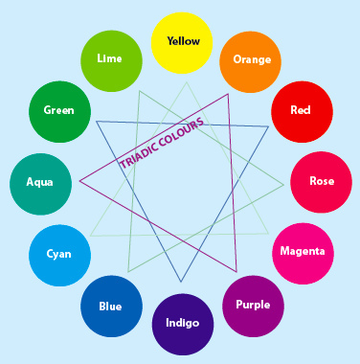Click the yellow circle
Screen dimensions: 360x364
coord(182,43)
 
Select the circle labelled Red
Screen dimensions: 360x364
coord(302,112)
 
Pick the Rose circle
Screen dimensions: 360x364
coord(321,182)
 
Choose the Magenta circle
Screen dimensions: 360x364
coord(303,254)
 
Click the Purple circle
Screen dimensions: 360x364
coord(253,307)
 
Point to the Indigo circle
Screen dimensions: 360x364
coord(183,325)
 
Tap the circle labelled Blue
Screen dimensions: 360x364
coord(111,307)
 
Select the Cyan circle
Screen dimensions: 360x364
coord(59,256)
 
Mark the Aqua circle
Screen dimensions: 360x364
coord(40,184)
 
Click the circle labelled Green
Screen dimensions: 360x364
coord(59,112)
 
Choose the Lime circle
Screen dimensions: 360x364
coord(111,61)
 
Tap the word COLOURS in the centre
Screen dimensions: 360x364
coord(181,130)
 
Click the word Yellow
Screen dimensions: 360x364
coord(184,41)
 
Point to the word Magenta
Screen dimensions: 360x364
coord(303,251)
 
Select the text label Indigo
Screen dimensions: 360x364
coord(183,323)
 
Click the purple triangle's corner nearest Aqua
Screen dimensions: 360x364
coord(79,181)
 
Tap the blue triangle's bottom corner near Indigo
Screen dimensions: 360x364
coord(181,282)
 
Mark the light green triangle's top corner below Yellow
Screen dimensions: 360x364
coord(187,82)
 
